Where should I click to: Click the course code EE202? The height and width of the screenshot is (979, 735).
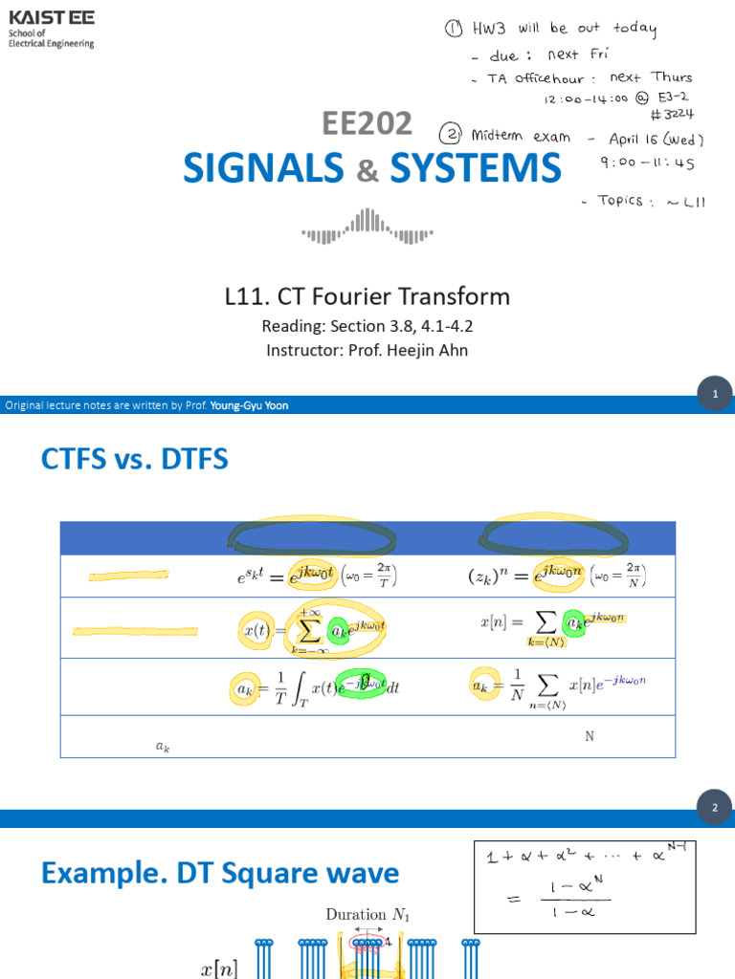tap(367, 122)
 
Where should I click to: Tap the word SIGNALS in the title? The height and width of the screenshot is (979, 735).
tap(263, 168)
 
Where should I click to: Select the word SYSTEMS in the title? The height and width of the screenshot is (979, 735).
tap(476, 168)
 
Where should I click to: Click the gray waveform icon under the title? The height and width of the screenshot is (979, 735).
tap(367, 227)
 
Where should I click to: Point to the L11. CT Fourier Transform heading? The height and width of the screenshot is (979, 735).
tap(367, 296)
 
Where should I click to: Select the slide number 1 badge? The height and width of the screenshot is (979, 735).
tap(714, 394)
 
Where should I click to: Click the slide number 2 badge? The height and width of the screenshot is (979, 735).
tap(714, 809)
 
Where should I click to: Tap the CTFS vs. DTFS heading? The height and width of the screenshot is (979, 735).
tap(135, 460)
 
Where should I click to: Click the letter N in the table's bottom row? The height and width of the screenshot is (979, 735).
tap(590, 737)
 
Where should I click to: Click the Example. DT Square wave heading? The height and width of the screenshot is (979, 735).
tap(219, 873)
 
